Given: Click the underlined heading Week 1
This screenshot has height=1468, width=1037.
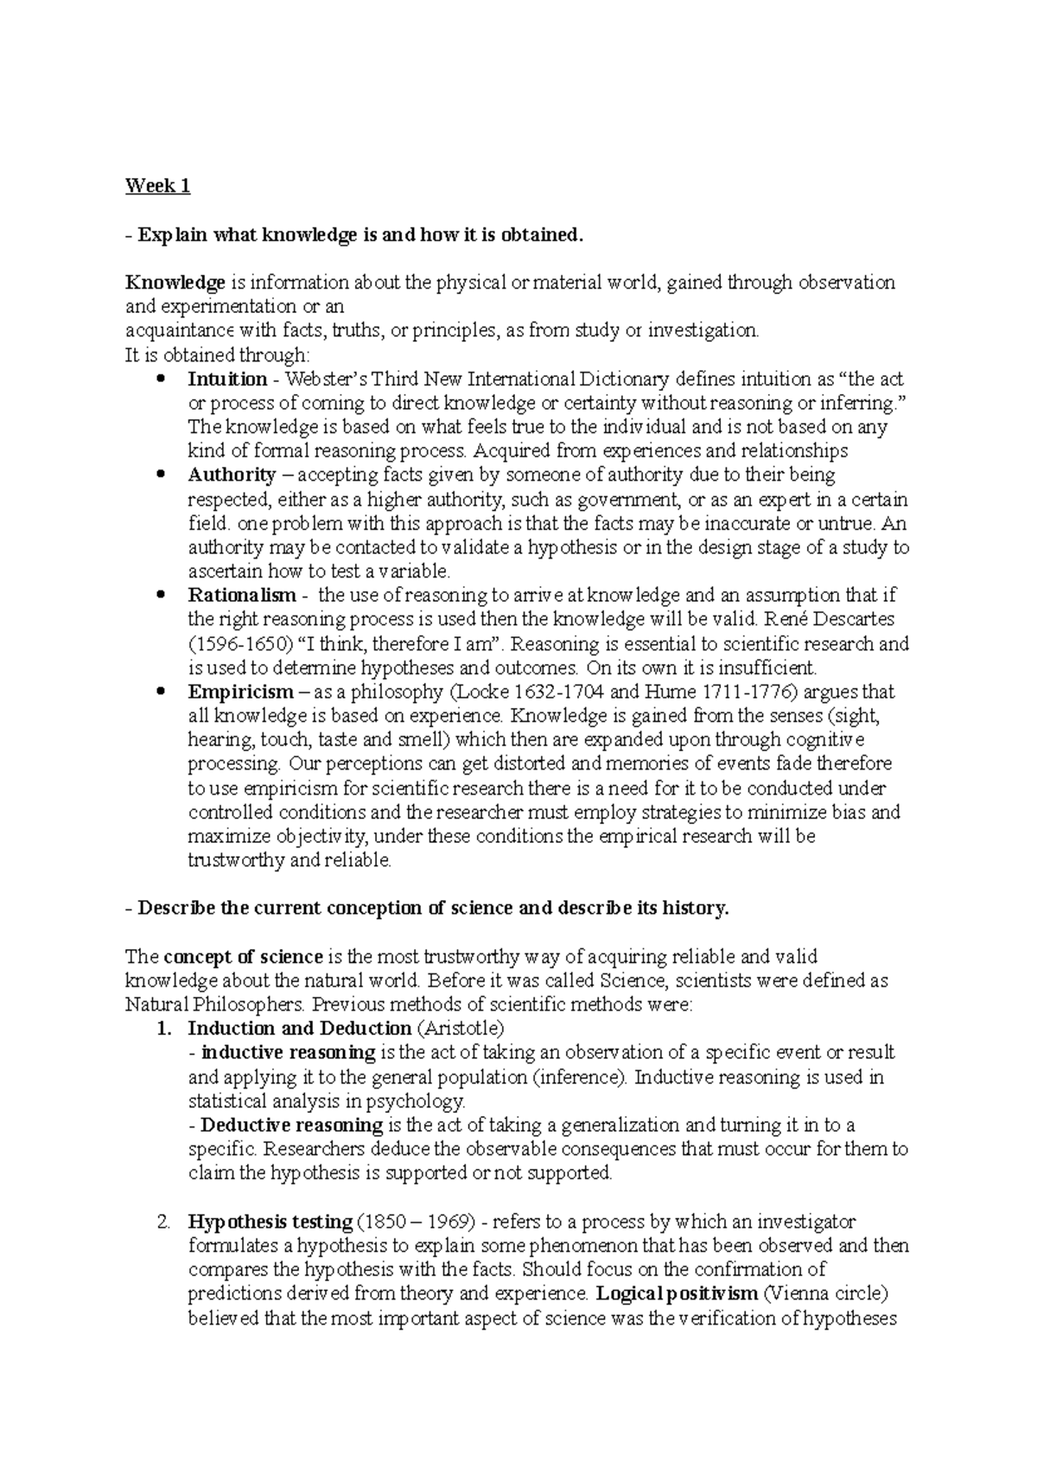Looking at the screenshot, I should tap(157, 186).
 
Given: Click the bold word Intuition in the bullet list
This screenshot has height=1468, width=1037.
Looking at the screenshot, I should tap(227, 379).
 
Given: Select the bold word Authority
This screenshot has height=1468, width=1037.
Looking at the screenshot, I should tap(232, 475).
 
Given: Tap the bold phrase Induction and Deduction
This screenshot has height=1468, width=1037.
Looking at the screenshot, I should tap(299, 1029).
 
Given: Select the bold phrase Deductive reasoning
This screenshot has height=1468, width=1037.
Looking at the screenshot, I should tap(291, 1126).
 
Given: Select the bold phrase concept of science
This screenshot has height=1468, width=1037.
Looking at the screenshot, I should tap(243, 957).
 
